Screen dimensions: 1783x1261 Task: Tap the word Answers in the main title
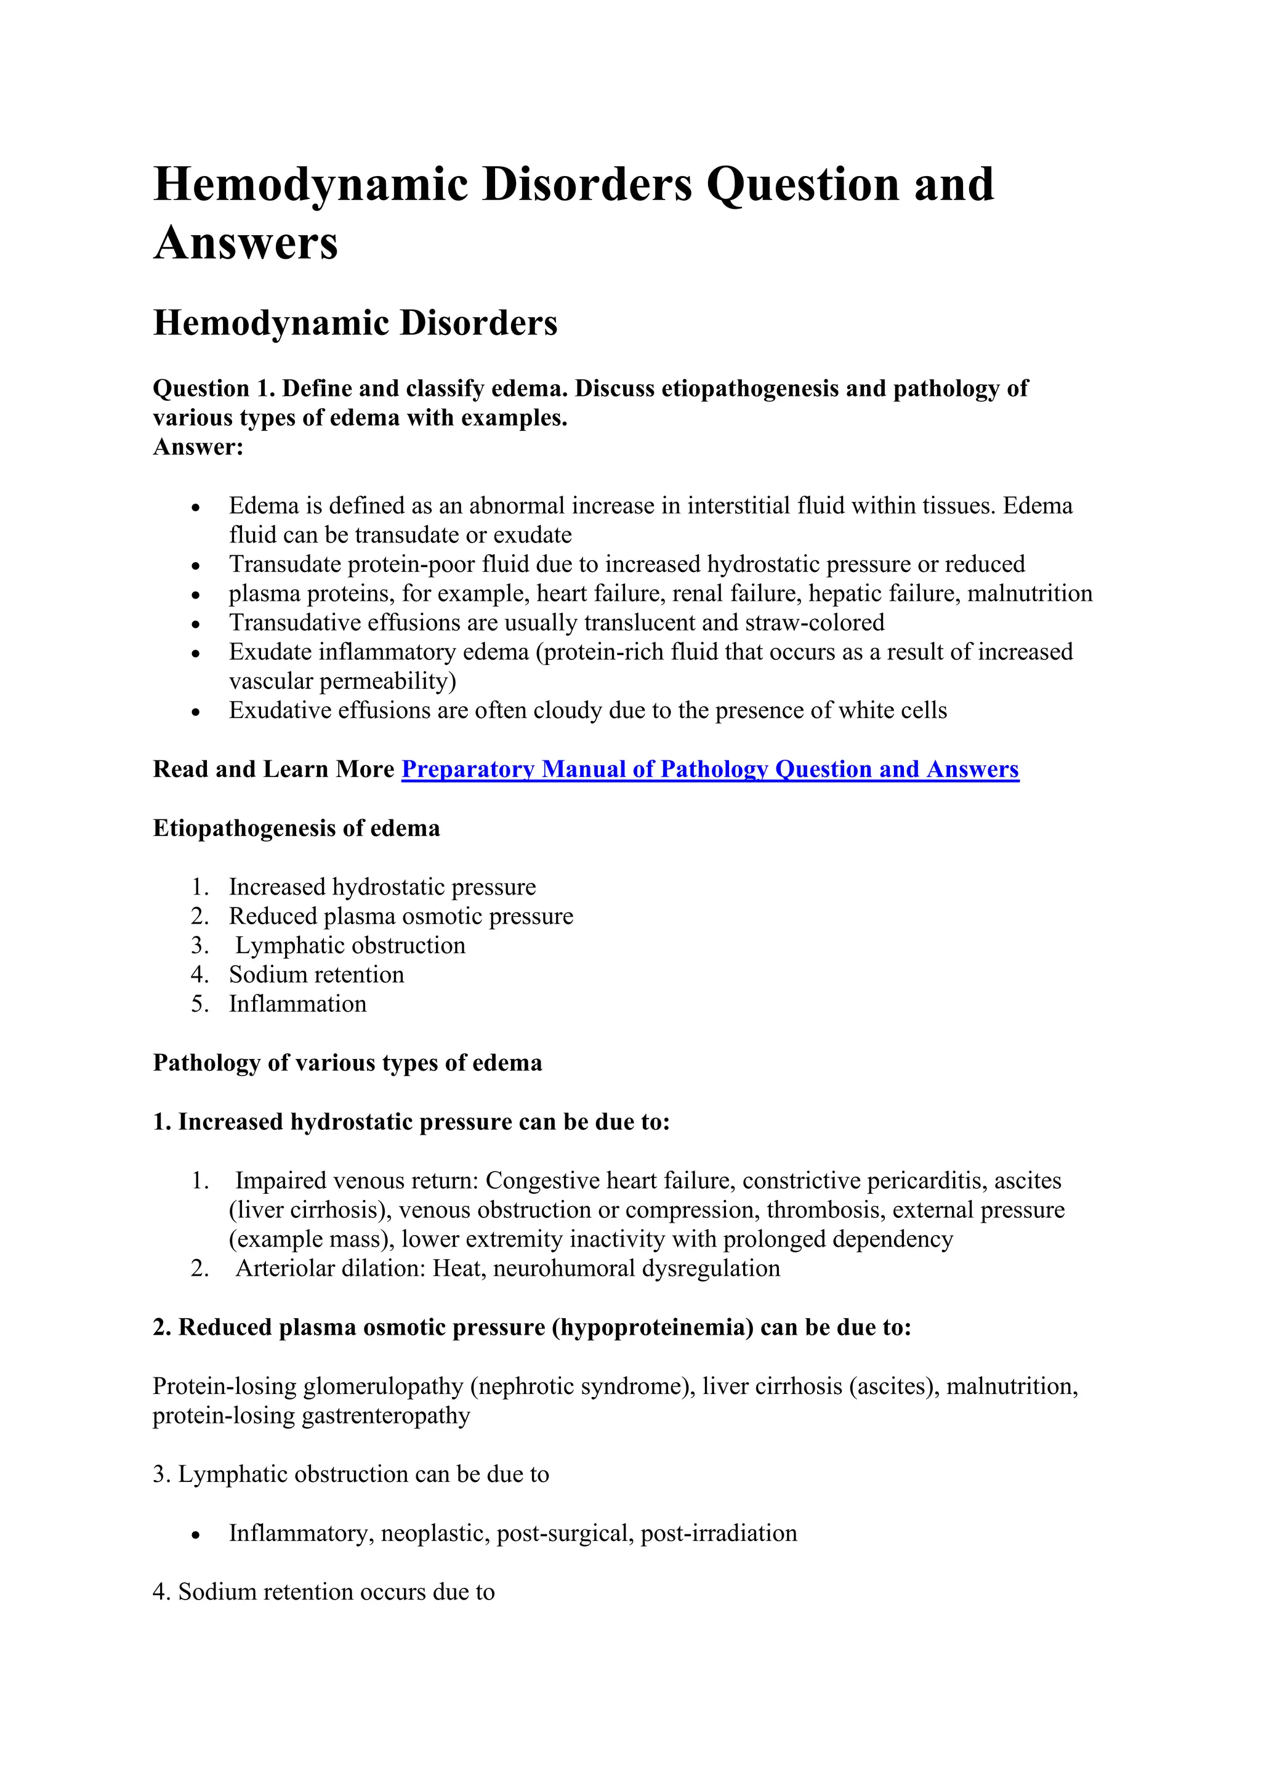[246, 243]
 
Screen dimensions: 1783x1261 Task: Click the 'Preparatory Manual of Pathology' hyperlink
[710, 769]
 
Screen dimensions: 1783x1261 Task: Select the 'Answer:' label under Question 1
[198, 448]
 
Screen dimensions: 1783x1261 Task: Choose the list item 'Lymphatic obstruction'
[350, 945]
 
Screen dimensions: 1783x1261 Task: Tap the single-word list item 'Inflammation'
[297, 1004]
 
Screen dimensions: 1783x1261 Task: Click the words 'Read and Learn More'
[273, 769]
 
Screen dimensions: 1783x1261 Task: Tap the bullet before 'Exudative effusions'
[196, 711]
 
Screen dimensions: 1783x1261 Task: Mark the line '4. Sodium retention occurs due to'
[324, 1592]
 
